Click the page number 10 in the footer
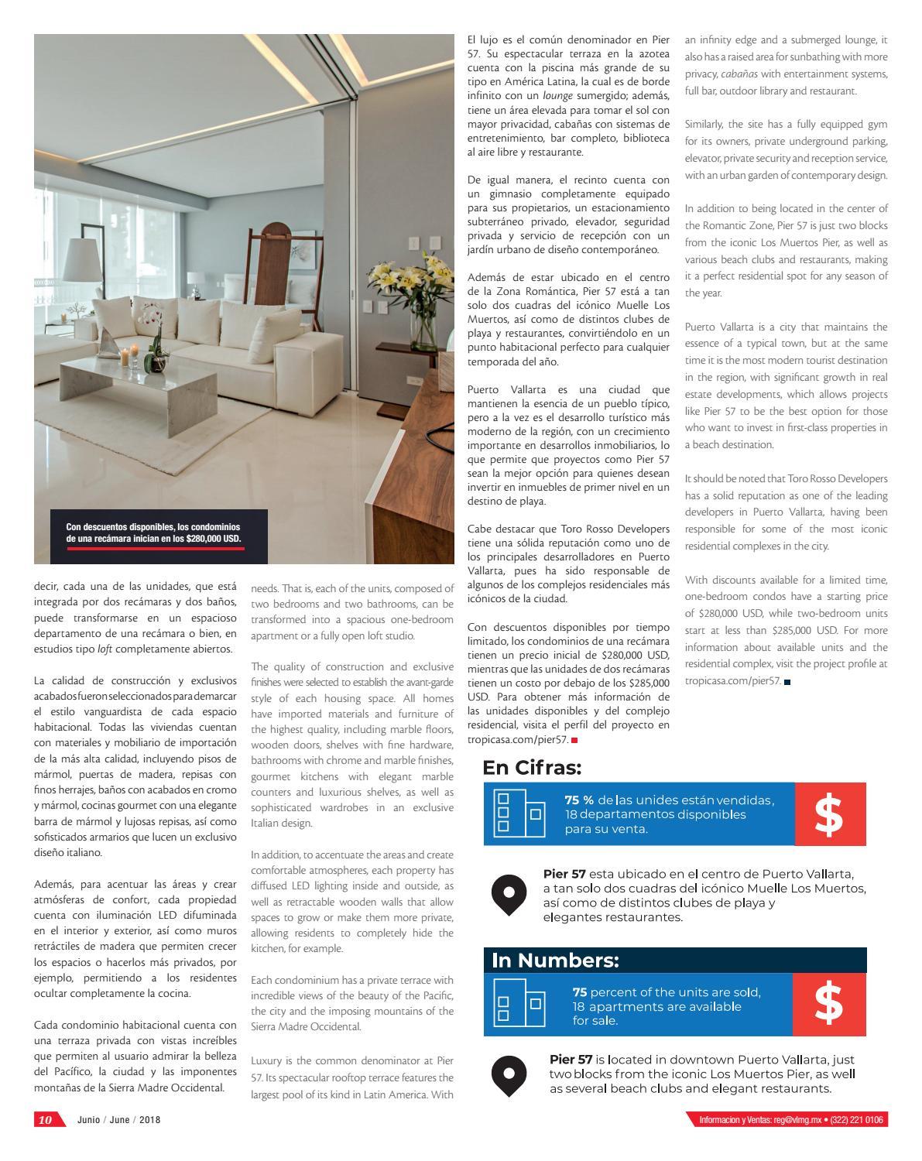46,1119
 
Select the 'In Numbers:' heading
555,961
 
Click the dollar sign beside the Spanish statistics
829,814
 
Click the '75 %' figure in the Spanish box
579,800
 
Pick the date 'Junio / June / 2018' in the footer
119,1120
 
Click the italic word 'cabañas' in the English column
738,74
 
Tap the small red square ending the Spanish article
574,741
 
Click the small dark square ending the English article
787,682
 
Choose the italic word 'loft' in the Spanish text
105,649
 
